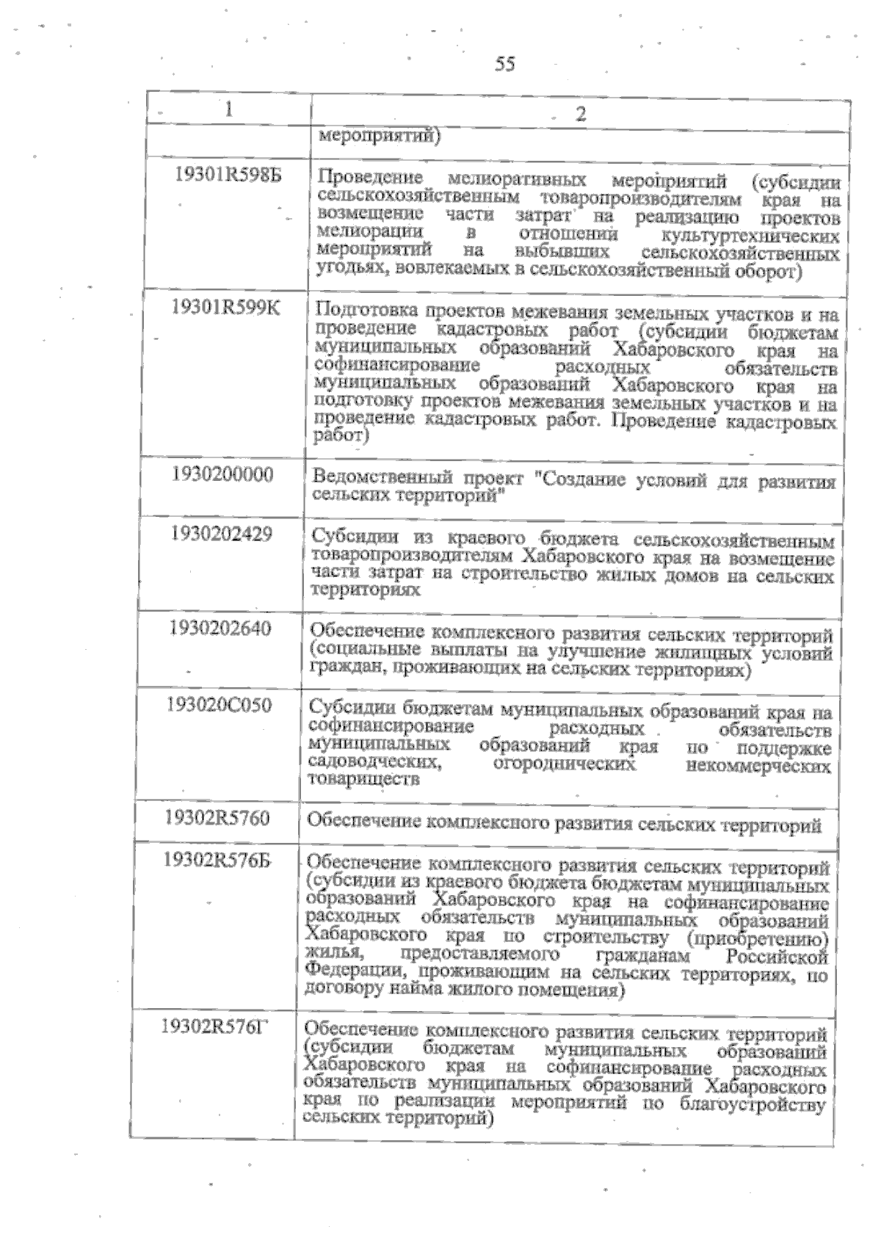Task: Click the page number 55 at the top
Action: (x=505, y=64)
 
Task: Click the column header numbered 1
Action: (x=230, y=109)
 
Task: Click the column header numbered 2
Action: (x=580, y=114)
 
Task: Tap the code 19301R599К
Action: (x=226, y=308)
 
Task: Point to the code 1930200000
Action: (x=222, y=474)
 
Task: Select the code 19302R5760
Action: (x=217, y=818)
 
